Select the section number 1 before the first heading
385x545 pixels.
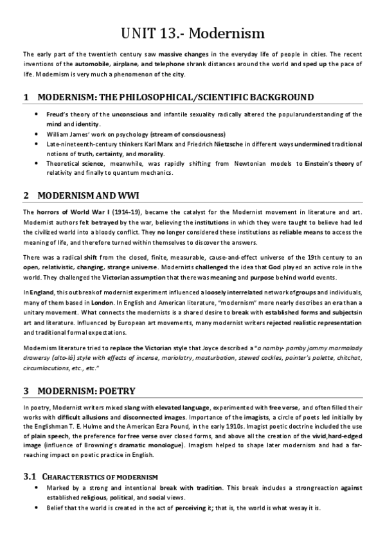(x=26, y=98)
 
